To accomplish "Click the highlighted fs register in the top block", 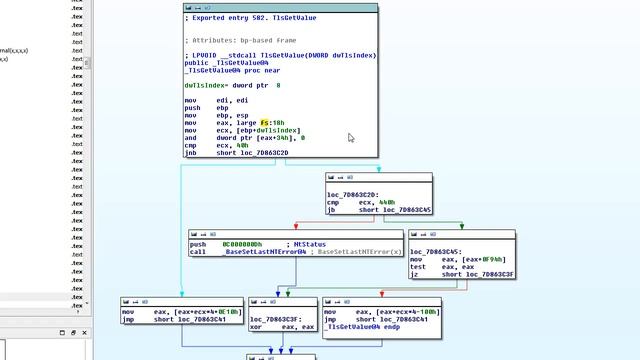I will click(266, 122).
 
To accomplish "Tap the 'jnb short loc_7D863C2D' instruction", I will click(237, 152).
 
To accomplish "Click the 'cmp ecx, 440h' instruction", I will click(360, 203).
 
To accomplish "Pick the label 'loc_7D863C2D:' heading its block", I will click(352, 195).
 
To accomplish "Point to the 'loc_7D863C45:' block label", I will click(437, 251).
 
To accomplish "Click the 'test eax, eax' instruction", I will click(441, 266).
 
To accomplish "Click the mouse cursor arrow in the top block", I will click(351, 138).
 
